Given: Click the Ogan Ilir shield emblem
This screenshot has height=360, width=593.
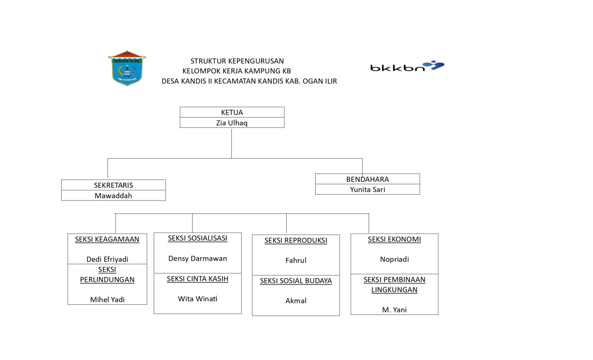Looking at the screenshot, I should pyautogui.click(x=127, y=68).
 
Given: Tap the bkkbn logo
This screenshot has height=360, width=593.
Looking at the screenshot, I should pyautogui.click(x=407, y=66).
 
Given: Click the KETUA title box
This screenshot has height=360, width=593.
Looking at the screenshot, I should pyautogui.click(x=232, y=112).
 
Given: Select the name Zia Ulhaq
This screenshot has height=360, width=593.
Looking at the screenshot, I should pyautogui.click(x=232, y=122).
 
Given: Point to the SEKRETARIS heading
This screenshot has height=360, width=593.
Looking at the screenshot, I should pyautogui.click(x=113, y=185).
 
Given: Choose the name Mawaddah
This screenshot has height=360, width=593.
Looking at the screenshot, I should pyautogui.click(x=113, y=196).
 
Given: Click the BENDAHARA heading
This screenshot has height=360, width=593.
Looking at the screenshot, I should pyautogui.click(x=367, y=179).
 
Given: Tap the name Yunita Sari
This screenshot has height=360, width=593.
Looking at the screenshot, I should pyautogui.click(x=367, y=190).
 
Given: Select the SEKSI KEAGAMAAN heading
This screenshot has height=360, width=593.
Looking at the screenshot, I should pyautogui.click(x=107, y=240).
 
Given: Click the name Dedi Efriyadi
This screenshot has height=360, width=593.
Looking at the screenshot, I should pyautogui.click(x=107, y=259).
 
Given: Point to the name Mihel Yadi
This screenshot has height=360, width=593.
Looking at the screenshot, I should pyautogui.click(x=107, y=299).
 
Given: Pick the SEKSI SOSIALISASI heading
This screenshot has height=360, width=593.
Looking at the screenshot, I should pyautogui.click(x=198, y=238).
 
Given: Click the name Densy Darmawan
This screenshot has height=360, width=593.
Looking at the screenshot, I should pyautogui.click(x=198, y=258).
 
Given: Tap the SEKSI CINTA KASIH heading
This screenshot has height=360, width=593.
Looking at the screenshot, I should pyautogui.click(x=198, y=279).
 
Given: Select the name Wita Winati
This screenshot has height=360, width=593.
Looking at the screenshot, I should pyautogui.click(x=198, y=299).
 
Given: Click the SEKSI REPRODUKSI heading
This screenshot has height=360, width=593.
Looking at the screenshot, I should pyautogui.click(x=296, y=240).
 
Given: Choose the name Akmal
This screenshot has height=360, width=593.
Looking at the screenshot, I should pyautogui.click(x=296, y=301).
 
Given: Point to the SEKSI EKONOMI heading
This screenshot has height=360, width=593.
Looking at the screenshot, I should pyautogui.click(x=394, y=240).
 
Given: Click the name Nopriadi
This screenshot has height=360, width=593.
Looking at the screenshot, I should pyautogui.click(x=394, y=259).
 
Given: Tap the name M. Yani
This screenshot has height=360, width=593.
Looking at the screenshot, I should pyautogui.click(x=394, y=310).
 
